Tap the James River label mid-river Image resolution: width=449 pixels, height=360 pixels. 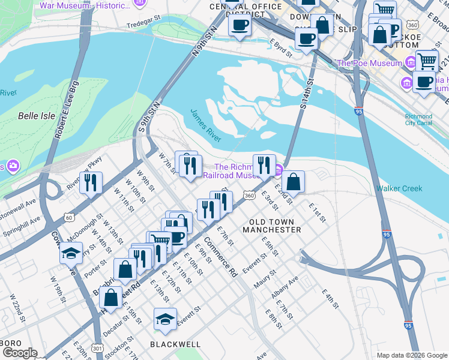pos(206,125)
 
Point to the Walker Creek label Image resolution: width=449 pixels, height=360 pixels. pos(399,188)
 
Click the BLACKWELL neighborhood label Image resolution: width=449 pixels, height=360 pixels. pos(175,344)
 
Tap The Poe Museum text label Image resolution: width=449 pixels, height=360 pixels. pos(369,64)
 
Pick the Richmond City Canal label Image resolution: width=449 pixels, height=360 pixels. pos(418,120)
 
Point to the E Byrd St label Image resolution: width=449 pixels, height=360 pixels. pos(281,48)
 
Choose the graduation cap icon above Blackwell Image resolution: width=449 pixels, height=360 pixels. pos(165,318)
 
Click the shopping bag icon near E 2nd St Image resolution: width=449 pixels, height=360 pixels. pos(293,181)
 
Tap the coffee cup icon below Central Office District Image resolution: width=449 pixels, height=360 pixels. pos(240,25)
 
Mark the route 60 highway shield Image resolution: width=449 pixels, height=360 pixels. pos(70,217)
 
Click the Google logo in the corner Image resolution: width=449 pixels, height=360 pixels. pos(19,353)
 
